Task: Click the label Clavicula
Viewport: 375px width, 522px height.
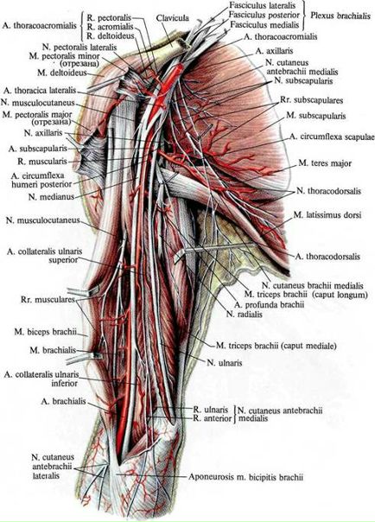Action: pyautogui.click(x=172, y=17)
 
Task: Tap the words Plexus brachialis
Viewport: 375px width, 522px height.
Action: pyautogui.click(x=340, y=16)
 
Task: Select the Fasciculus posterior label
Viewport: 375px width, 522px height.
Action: pyautogui.click(x=264, y=16)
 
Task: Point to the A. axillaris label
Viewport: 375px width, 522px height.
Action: pyautogui.click(x=274, y=51)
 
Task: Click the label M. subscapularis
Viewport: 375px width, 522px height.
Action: pyautogui.click(x=316, y=116)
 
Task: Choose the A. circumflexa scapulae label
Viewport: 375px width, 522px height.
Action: pyautogui.click(x=332, y=137)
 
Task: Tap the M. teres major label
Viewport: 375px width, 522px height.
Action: pyautogui.click(x=325, y=163)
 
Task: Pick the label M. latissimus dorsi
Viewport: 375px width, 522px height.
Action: pyautogui.click(x=327, y=215)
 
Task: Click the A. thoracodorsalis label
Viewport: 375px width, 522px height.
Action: pyautogui.click(x=327, y=257)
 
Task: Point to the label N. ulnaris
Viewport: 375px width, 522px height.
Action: pyautogui.click(x=225, y=363)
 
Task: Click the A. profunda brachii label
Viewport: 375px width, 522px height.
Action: pyautogui.click(x=269, y=304)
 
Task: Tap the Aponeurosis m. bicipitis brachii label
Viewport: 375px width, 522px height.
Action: pyautogui.click(x=246, y=477)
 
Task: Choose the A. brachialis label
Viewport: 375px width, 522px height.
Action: pyautogui.click(x=64, y=401)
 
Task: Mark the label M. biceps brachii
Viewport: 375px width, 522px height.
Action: pyautogui.click(x=45, y=332)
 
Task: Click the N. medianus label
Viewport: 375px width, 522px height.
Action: pyautogui.click(x=51, y=197)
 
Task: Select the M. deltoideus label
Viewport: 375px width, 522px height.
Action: pyautogui.click(x=62, y=73)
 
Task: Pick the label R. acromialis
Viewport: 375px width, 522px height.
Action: pyautogui.click(x=110, y=26)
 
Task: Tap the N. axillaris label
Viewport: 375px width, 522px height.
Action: pyautogui.click(x=43, y=133)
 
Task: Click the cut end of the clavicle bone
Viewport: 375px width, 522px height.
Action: pyautogui.click(x=181, y=43)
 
